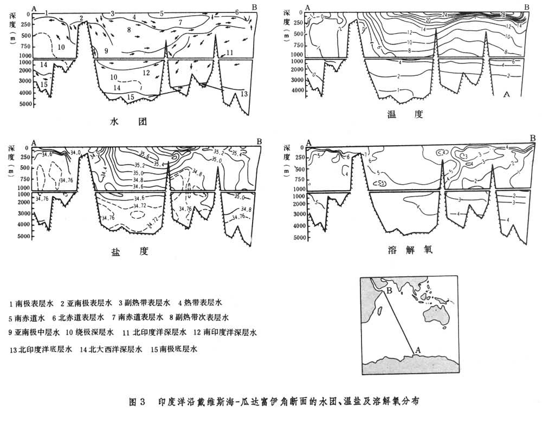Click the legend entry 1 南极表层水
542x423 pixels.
point(31,302)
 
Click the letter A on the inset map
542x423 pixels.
point(417,351)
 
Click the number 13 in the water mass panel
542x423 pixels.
point(243,94)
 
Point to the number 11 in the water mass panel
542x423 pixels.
point(230,53)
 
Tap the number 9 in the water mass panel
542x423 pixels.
point(106,51)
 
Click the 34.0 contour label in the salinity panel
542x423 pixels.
point(75,152)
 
